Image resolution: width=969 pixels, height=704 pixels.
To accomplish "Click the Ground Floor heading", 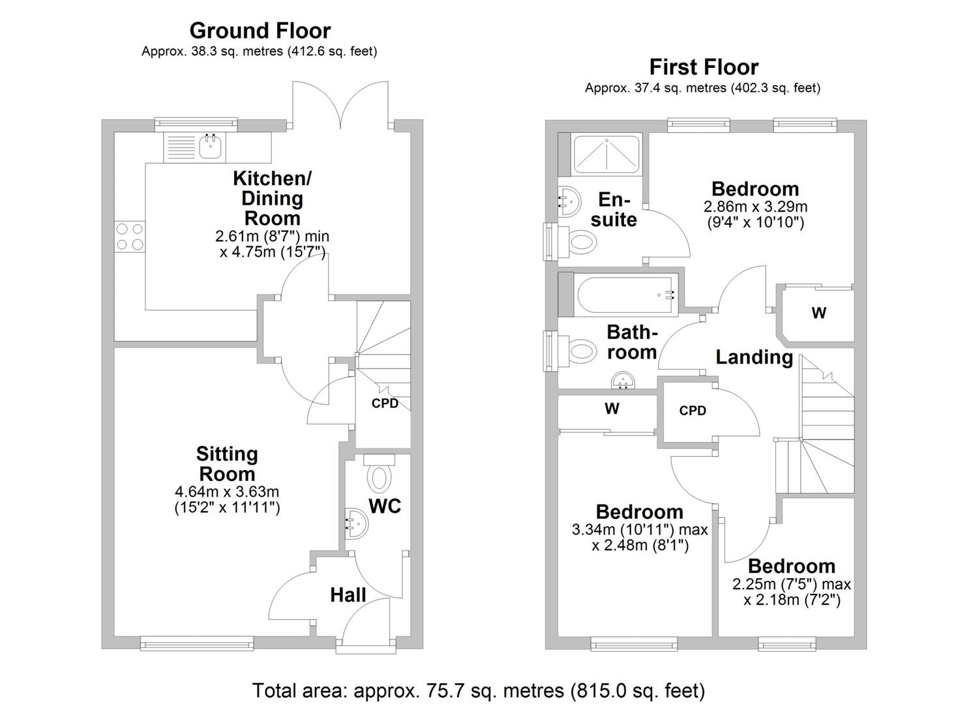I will click(260, 31).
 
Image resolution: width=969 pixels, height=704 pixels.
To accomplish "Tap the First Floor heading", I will click(704, 67).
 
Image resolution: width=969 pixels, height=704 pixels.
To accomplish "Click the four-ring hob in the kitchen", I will click(130, 237).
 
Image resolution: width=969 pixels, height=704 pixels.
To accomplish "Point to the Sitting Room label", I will click(227, 463).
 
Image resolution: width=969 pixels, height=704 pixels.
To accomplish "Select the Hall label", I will click(348, 594).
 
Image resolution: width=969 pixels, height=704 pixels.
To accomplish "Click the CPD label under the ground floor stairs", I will click(385, 403).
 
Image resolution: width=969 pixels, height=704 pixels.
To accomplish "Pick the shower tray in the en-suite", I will click(606, 155).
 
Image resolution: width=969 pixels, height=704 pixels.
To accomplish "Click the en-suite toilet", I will click(578, 243).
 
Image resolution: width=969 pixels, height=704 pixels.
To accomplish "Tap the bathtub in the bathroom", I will click(627, 295).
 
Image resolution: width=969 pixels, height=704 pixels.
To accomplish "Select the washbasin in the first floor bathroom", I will click(625, 380).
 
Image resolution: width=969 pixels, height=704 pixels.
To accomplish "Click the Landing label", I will click(754, 357).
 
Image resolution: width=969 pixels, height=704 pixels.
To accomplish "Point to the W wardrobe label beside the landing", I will click(818, 313).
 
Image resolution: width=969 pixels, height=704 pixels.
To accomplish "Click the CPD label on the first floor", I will click(693, 411).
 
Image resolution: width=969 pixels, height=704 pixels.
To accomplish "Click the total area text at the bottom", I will click(479, 690).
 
